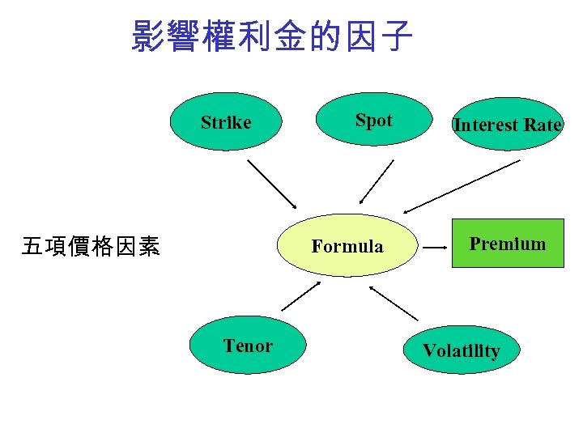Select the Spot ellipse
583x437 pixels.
pos(373,120)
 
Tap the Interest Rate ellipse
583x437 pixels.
pos(507,125)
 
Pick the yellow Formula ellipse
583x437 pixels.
pos(347,246)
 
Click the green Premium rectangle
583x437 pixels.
pos(508,244)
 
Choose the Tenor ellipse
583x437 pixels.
pos(248,346)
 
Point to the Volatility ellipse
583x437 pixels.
pos(461,350)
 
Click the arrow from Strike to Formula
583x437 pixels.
pos(272,185)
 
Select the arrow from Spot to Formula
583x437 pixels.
pos(377,181)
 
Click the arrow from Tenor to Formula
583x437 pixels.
pos(300,296)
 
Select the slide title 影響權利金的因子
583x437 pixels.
pos(272,36)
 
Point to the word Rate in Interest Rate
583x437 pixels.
pos(543,125)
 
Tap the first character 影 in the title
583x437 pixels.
pos(148,36)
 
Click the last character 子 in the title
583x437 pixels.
pos(397,36)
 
